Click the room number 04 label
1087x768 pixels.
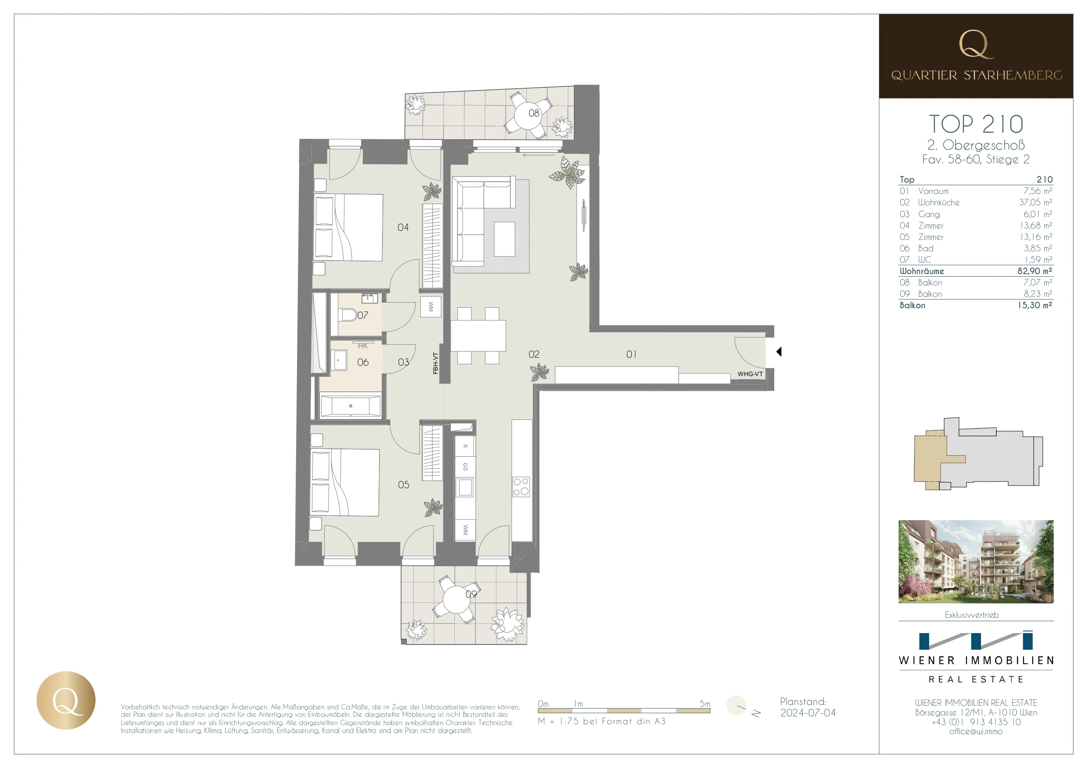point(403,228)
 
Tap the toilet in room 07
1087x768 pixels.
point(348,315)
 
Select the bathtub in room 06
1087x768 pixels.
point(351,406)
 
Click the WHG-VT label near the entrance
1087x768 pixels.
point(750,374)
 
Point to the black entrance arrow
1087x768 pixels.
point(779,352)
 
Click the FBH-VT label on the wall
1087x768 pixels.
point(436,363)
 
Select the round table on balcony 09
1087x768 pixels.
point(456,599)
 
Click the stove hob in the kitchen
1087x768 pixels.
point(521,487)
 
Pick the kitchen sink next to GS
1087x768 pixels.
point(465,487)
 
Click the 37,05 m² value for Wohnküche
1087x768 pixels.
point(1035,203)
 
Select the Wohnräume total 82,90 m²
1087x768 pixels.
point(1034,271)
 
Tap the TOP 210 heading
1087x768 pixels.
point(976,124)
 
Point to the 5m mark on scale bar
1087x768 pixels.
point(705,704)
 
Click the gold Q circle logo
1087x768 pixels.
point(66,700)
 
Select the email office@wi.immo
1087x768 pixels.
point(976,732)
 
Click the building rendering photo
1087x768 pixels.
point(976,562)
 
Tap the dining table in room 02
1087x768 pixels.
point(478,335)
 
